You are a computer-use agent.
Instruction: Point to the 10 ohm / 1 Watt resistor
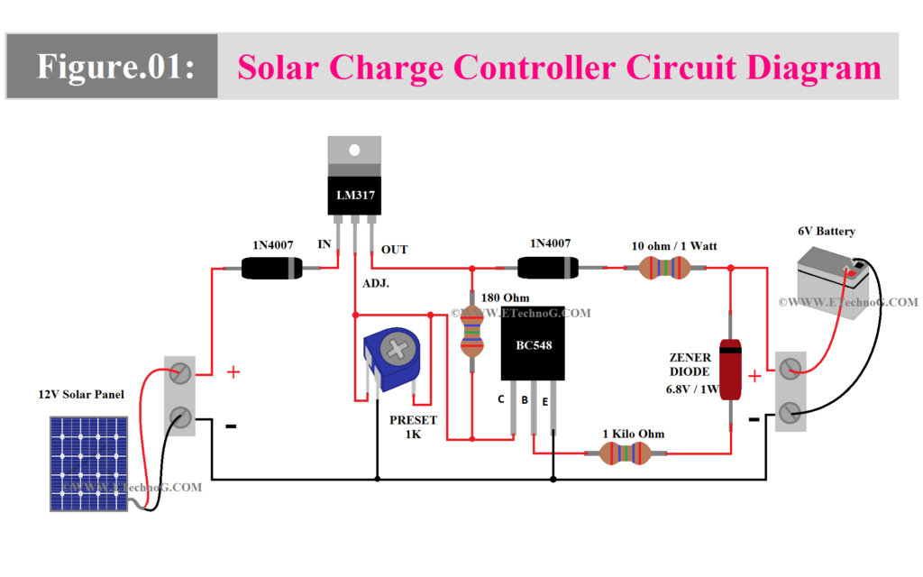coord(663,268)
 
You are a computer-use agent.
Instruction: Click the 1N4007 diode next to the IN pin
coord(271,268)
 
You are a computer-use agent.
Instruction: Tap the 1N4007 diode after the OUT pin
coord(547,268)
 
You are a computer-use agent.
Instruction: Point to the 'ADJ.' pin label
coord(377,284)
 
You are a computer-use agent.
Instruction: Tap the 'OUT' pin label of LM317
coord(394,250)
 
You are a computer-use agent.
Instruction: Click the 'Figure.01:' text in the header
coord(114,67)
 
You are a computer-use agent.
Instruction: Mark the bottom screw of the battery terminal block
coord(790,414)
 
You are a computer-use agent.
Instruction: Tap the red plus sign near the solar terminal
coord(233,371)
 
